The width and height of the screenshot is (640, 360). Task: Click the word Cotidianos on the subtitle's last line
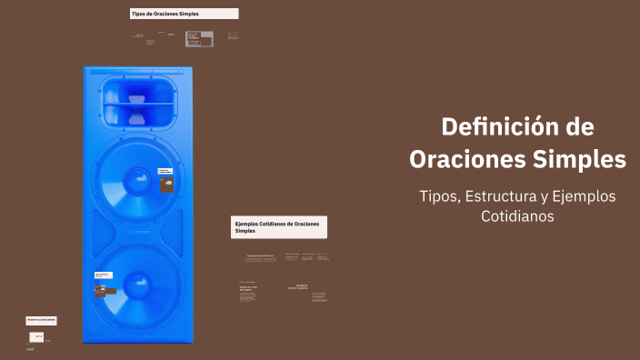pos(517,217)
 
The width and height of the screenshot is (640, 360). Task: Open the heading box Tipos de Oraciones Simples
pos(185,15)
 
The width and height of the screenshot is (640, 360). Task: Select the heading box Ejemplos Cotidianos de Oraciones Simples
pos(279,227)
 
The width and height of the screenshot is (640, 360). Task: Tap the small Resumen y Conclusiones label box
pos(42,320)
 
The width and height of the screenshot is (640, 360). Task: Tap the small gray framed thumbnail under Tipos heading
pos(194,38)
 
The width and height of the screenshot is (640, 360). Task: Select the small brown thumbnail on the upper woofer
pos(166,185)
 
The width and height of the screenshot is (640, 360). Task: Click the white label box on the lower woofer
pos(103,275)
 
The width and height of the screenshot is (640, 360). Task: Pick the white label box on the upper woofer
pos(165,170)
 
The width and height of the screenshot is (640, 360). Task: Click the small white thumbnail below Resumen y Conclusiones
pos(37,336)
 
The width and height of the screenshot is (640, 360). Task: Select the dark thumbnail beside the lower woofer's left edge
pos(98,292)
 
